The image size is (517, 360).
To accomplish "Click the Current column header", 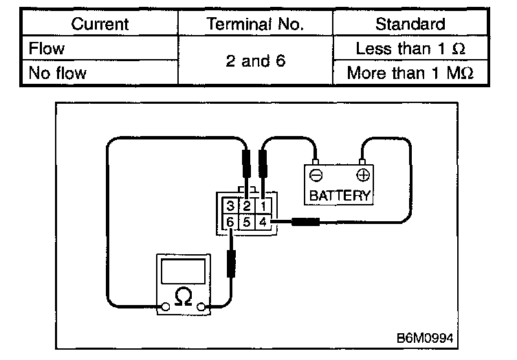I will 100,24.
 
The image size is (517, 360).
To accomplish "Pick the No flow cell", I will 58,73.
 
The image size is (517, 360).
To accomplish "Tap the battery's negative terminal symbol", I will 316,175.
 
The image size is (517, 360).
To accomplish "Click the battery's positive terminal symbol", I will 362,175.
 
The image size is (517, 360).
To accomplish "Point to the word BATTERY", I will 340,195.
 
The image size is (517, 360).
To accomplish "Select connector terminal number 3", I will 231,206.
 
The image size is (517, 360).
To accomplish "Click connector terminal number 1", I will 263,206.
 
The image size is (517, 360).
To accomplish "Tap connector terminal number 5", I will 247,222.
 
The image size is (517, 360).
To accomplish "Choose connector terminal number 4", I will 263,222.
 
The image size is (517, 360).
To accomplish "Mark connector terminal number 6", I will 231,222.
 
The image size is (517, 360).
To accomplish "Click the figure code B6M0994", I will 426,339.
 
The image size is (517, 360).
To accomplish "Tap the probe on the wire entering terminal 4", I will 305,222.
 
